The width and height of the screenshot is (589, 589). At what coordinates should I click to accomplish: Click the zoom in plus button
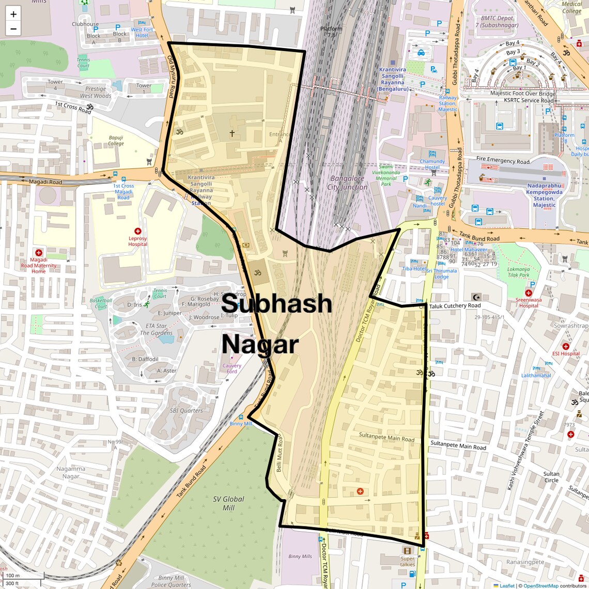tap(13, 14)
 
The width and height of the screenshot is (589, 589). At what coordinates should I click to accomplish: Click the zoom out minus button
tap(13, 29)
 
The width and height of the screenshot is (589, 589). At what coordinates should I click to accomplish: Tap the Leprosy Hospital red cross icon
tap(138, 231)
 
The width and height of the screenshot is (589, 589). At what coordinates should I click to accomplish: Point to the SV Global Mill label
tap(228, 503)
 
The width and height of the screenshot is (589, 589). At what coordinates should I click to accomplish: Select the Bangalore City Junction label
tap(347, 182)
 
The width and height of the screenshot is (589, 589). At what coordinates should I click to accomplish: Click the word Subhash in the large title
tap(276, 303)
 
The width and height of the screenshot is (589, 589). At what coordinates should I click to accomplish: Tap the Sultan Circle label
tap(551, 477)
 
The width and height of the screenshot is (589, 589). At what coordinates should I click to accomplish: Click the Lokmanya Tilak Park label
tap(518, 272)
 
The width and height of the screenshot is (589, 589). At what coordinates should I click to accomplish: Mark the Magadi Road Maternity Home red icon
tap(39, 253)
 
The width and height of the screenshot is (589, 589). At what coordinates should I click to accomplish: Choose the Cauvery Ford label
tap(232, 368)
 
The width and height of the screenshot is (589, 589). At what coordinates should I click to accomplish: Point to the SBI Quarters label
tap(187, 411)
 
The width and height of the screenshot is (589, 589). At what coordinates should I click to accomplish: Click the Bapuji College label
tap(116, 141)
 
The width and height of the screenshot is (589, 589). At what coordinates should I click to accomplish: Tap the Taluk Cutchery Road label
tap(455, 306)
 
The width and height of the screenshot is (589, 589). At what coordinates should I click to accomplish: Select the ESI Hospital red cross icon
tap(566, 347)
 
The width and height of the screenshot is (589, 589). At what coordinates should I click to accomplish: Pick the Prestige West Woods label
tap(96, 92)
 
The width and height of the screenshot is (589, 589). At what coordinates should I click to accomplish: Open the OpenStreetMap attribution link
tap(541, 585)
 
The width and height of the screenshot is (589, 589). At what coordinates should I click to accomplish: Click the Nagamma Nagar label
tap(71, 472)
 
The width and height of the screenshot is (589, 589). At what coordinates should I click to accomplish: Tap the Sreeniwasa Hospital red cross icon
tap(528, 293)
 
